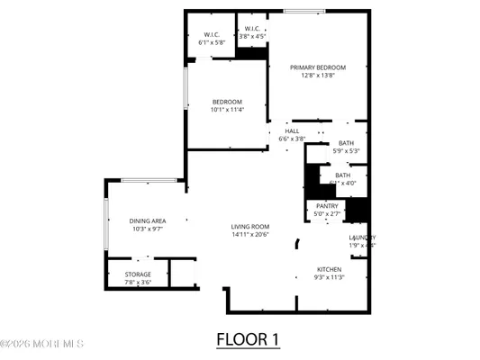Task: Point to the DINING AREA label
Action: (147, 220)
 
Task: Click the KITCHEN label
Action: (330, 269)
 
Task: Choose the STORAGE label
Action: (138, 274)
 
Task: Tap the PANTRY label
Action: (327, 206)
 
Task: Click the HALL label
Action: (292, 131)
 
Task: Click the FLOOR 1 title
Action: (248, 340)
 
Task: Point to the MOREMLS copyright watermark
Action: (42, 343)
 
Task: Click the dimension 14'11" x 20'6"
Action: (250, 235)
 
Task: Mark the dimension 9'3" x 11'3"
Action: (330, 277)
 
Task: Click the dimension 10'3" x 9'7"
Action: (147, 229)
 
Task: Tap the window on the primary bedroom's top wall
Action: (304, 12)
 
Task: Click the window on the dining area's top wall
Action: (148, 180)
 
